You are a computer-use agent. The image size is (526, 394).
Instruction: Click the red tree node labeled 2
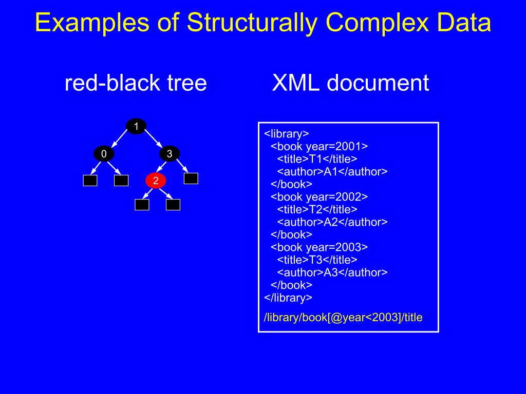[x=156, y=180]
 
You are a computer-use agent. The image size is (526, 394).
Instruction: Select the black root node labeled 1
[x=136, y=126]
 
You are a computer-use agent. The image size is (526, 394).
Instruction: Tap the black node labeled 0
[x=104, y=153]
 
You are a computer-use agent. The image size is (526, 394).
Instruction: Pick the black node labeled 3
[x=170, y=153]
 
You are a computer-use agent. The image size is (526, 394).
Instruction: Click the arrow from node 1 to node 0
[x=120, y=140]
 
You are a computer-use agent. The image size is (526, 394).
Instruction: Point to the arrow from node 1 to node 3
[x=153, y=140]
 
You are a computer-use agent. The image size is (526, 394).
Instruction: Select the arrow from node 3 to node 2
[x=162, y=167]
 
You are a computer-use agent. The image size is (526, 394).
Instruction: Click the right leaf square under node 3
[x=191, y=179]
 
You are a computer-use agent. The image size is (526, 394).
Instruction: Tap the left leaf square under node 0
[x=90, y=180]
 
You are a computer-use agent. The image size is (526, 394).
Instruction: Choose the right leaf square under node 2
[x=173, y=205]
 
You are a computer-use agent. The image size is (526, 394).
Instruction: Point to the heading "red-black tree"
[x=136, y=83]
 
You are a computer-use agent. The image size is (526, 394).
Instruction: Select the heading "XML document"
[x=350, y=83]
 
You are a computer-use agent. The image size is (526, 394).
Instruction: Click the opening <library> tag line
[x=287, y=134]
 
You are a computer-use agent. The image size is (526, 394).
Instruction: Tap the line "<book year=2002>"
[x=319, y=196]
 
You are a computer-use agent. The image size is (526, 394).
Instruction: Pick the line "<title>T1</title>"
[x=317, y=159]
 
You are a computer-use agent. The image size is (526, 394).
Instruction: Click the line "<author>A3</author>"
[x=332, y=272]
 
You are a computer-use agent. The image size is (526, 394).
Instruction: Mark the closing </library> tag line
[x=288, y=297]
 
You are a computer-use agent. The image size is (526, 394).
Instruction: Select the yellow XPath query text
[x=343, y=318]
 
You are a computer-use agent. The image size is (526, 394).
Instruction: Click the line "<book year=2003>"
[x=319, y=247]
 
